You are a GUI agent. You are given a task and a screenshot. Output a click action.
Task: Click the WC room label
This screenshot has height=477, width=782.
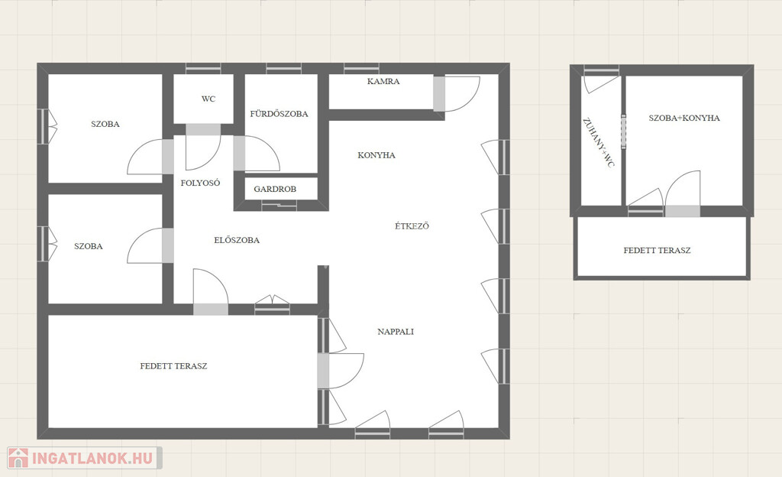point(208,99)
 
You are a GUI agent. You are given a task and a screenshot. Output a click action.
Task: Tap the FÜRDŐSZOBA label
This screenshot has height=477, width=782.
point(279,114)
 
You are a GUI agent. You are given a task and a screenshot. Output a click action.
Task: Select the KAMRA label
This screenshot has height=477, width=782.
point(383,81)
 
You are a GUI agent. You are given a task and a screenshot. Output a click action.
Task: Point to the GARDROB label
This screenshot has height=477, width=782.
point(275,189)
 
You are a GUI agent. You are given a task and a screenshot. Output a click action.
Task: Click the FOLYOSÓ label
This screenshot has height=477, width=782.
point(200,183)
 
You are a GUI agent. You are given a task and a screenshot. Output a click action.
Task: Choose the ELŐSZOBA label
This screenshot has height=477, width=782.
point(237,240)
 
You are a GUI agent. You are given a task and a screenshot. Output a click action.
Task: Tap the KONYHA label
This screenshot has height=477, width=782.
point(376,155)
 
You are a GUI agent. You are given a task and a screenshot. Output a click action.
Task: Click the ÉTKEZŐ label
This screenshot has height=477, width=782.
point(412,226)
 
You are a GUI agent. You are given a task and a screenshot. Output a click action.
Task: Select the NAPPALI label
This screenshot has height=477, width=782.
point(396,332)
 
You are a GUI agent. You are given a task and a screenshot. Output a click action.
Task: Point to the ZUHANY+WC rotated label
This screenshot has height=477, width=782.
point(599,143)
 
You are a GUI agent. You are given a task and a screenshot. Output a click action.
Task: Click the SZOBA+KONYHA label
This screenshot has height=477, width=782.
point(684,118)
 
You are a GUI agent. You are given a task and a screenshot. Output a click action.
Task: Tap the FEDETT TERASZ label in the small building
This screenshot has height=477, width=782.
point(657,251)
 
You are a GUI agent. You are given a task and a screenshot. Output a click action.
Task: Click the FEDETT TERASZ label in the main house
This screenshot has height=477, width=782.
point(173,366)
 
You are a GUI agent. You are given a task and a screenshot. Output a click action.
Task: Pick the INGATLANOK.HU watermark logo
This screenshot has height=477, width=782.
point(84,458)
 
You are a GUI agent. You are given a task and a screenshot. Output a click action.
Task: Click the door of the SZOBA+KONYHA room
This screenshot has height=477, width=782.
point(683,188)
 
